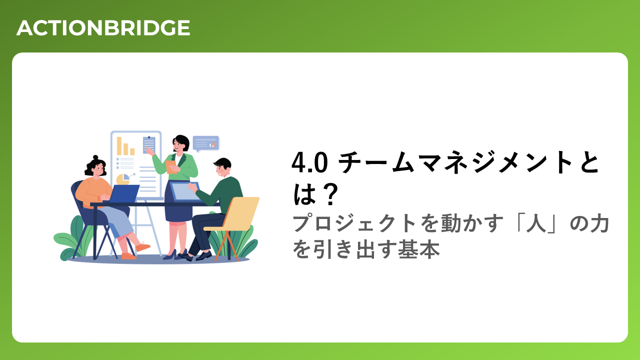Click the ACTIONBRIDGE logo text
pos(103,27)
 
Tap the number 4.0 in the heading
pos(309,162)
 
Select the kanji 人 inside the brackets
pos(535,223)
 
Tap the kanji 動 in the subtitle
pos(451,223)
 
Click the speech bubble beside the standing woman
pos(205,143)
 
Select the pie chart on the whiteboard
pos(123,179)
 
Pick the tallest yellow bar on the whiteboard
pos(119,146)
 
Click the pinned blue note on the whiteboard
pos(149,145)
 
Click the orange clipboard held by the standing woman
pos(171,167)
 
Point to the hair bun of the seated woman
pos(95,157)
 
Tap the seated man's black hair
pos(223,163)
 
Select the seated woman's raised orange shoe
pos(142,246)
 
